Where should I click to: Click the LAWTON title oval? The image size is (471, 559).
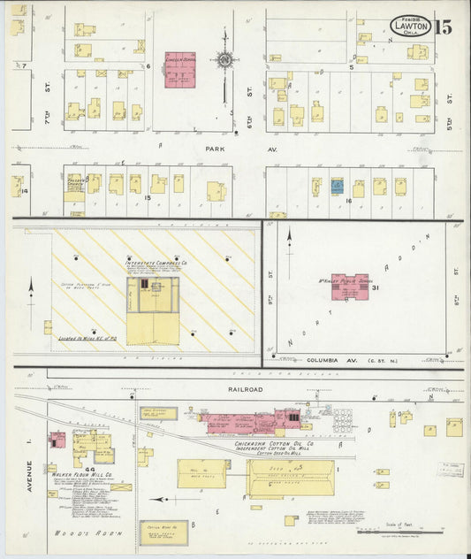tap(412, 26)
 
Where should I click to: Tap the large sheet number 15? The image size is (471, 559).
tap(444, 26)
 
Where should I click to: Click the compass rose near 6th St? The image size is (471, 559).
tap(224, 60)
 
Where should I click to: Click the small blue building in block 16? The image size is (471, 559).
tap(337, 187)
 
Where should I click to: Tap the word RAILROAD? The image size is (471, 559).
tap(233, 387)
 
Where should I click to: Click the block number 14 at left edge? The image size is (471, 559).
tap(25, 191)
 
